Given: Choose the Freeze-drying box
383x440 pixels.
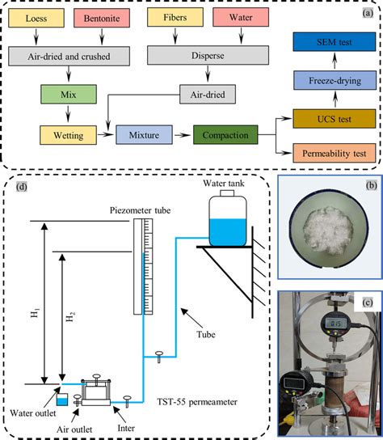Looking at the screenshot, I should [x=332, y=82].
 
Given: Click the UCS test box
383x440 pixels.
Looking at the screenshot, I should [x=332, y=117].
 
